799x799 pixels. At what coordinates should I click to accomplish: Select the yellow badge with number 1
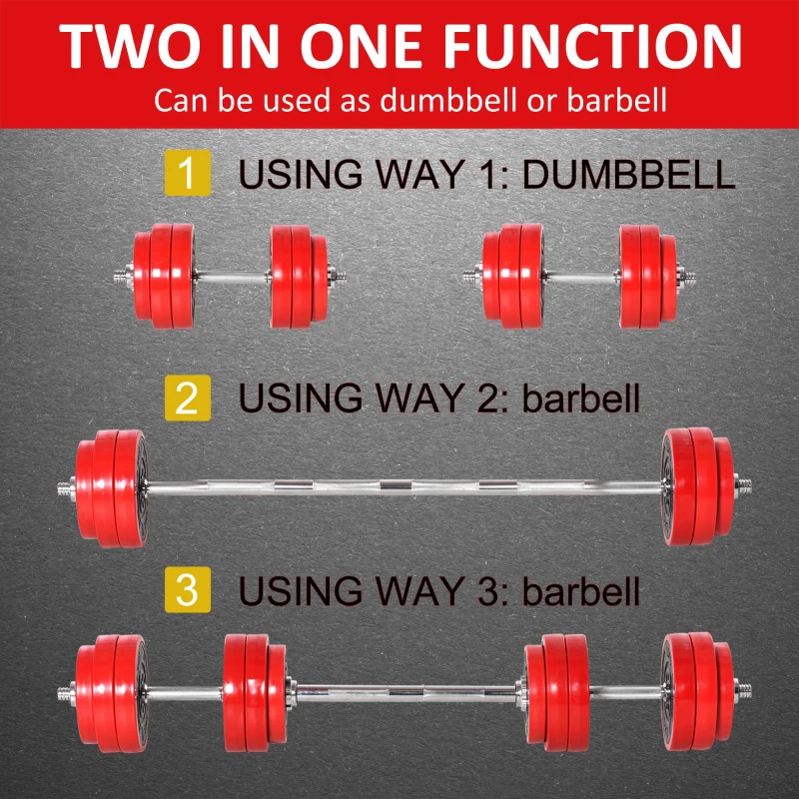[188, 174]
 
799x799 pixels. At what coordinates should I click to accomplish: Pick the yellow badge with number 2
[188, 399]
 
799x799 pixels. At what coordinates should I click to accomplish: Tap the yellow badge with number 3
[188, 590]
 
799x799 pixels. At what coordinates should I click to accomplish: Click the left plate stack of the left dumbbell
[165, 277]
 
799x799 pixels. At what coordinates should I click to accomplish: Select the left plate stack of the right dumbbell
[512, 277]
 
